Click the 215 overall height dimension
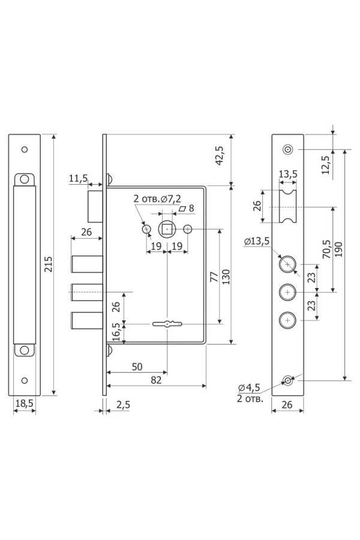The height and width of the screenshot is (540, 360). pyautogui.click(x=49, y=264)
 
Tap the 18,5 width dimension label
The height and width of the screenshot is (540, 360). pyautogui.click(x=25, y=403)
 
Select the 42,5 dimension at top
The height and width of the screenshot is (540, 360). pyautogui.click(x=219, y=155)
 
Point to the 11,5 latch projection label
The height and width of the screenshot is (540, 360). pyautogui.click(x=78, y=178)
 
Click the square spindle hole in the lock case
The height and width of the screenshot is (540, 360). pyautogui.click(x=167, y=229)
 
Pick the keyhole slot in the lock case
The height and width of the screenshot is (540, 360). pyautogui.click(x=167, y=324)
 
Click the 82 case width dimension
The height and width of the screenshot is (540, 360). pyautogui.click(x=156, y=380)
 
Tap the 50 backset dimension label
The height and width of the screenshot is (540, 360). pyautogui.click(x=137, y=367)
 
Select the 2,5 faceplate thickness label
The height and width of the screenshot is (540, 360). pyautogui.click(x=123, y=404)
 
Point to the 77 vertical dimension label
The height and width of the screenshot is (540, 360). pyautogui.click(x=214, y=277)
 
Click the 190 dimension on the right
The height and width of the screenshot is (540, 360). pyautogui.click(x=338, y=250)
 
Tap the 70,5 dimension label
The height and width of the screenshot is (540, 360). pyautogui.click(x=326, y=250)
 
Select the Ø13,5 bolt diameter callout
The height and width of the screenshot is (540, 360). pyautogui.click(x=257, y=241)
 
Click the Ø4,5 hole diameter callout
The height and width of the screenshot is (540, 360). pyautogui.click(x=249, y=388)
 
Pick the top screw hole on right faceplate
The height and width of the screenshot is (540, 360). pyautogui.click(x=287, y=149)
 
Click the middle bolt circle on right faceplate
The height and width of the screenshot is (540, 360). pyautogui.click(x=287, y=293)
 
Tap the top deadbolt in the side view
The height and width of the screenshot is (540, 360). pyautogui.click(x=87, y=265)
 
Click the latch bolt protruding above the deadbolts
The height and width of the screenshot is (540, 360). pyautogui.click(x=95, y=206)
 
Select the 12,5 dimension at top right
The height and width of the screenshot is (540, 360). pyautogui.click(x=326, y=164)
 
